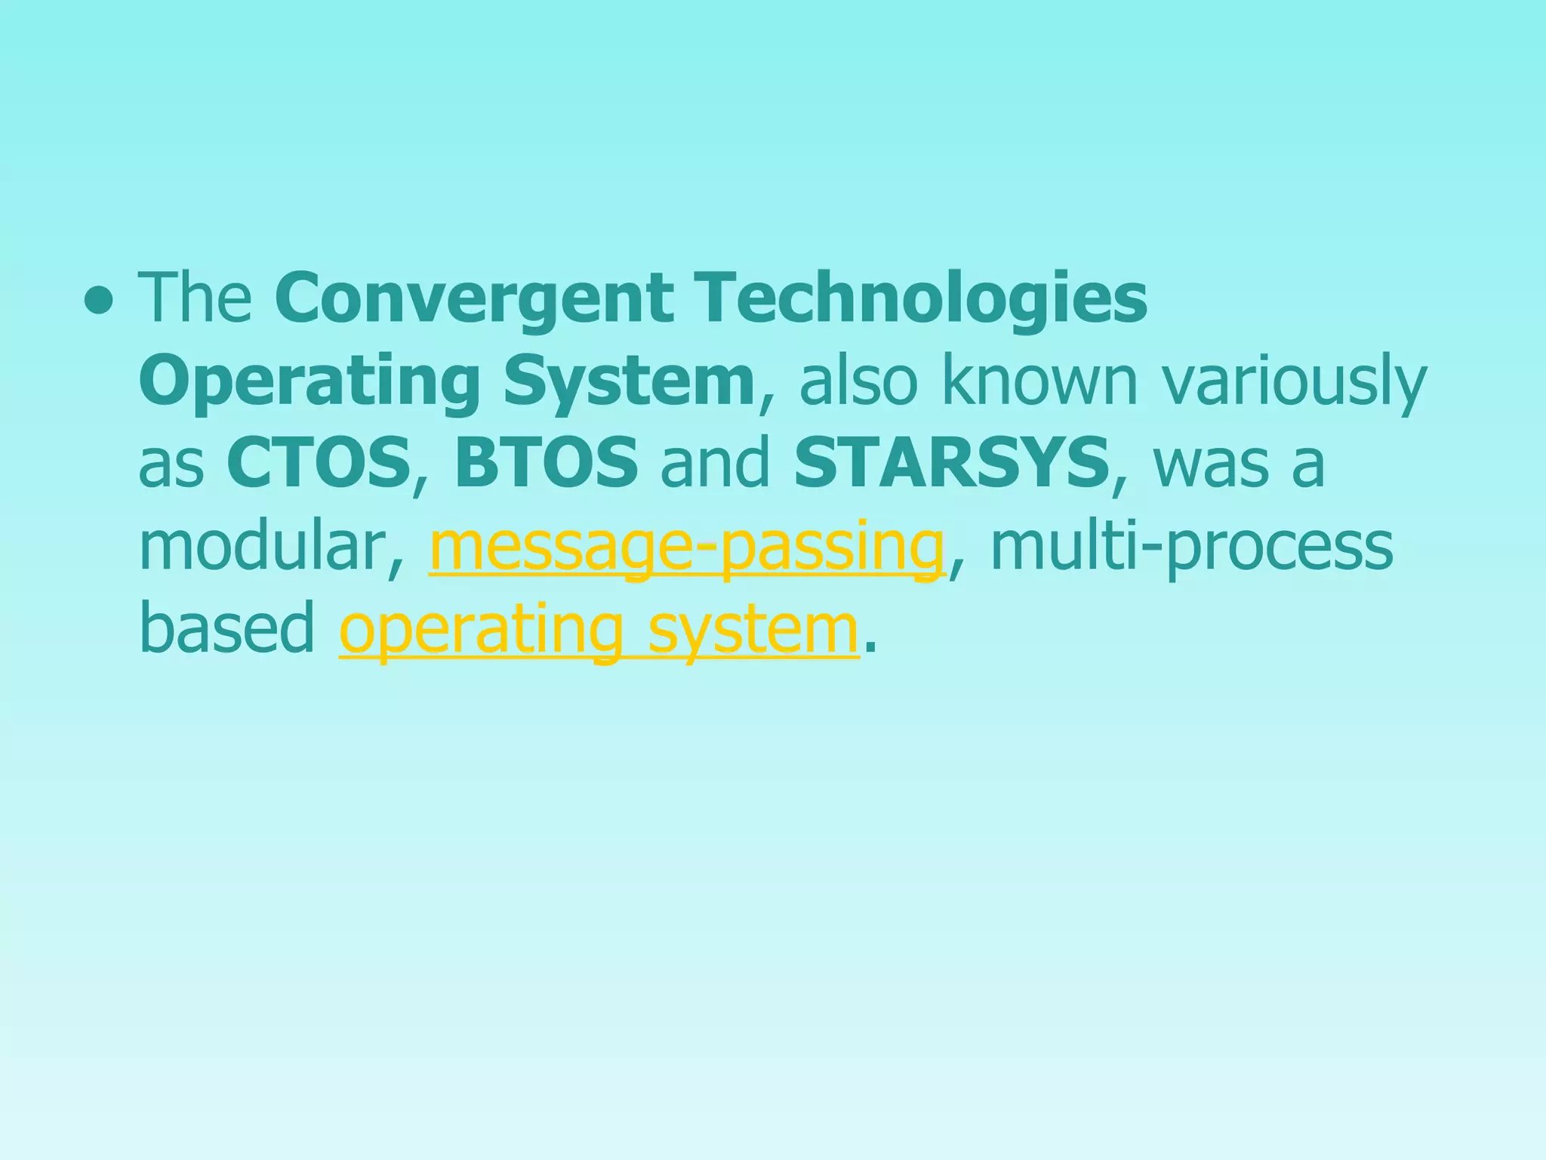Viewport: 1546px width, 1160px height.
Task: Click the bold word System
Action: (629, 381)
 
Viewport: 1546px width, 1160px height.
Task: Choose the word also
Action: (858, 381)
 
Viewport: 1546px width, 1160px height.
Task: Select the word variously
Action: (1294, 382)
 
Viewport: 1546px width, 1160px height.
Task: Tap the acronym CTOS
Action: (318, 462)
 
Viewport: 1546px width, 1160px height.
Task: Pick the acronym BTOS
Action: (546, 462)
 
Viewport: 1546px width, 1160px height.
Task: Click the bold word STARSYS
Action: (951, 462)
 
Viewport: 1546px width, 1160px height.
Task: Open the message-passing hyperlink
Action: (686, 547)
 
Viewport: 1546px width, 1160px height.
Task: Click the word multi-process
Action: (1190, 547)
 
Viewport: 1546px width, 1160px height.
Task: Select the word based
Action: (226, 628)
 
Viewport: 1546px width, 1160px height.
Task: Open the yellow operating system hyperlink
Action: (598, 630)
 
